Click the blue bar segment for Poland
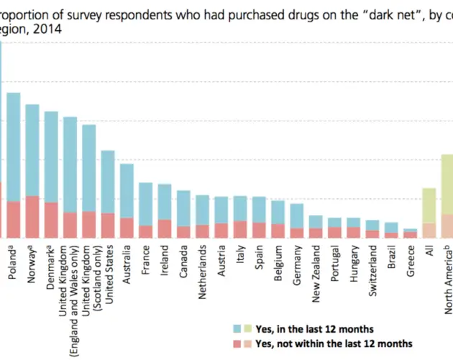(14, 147)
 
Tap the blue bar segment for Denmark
(51, 157)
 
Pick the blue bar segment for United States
(108, 182)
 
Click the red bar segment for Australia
(127, 227)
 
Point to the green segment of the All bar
(429, 206)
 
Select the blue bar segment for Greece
(411, 230)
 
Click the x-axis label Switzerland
(372, 269)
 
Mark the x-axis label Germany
(297, 264)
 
